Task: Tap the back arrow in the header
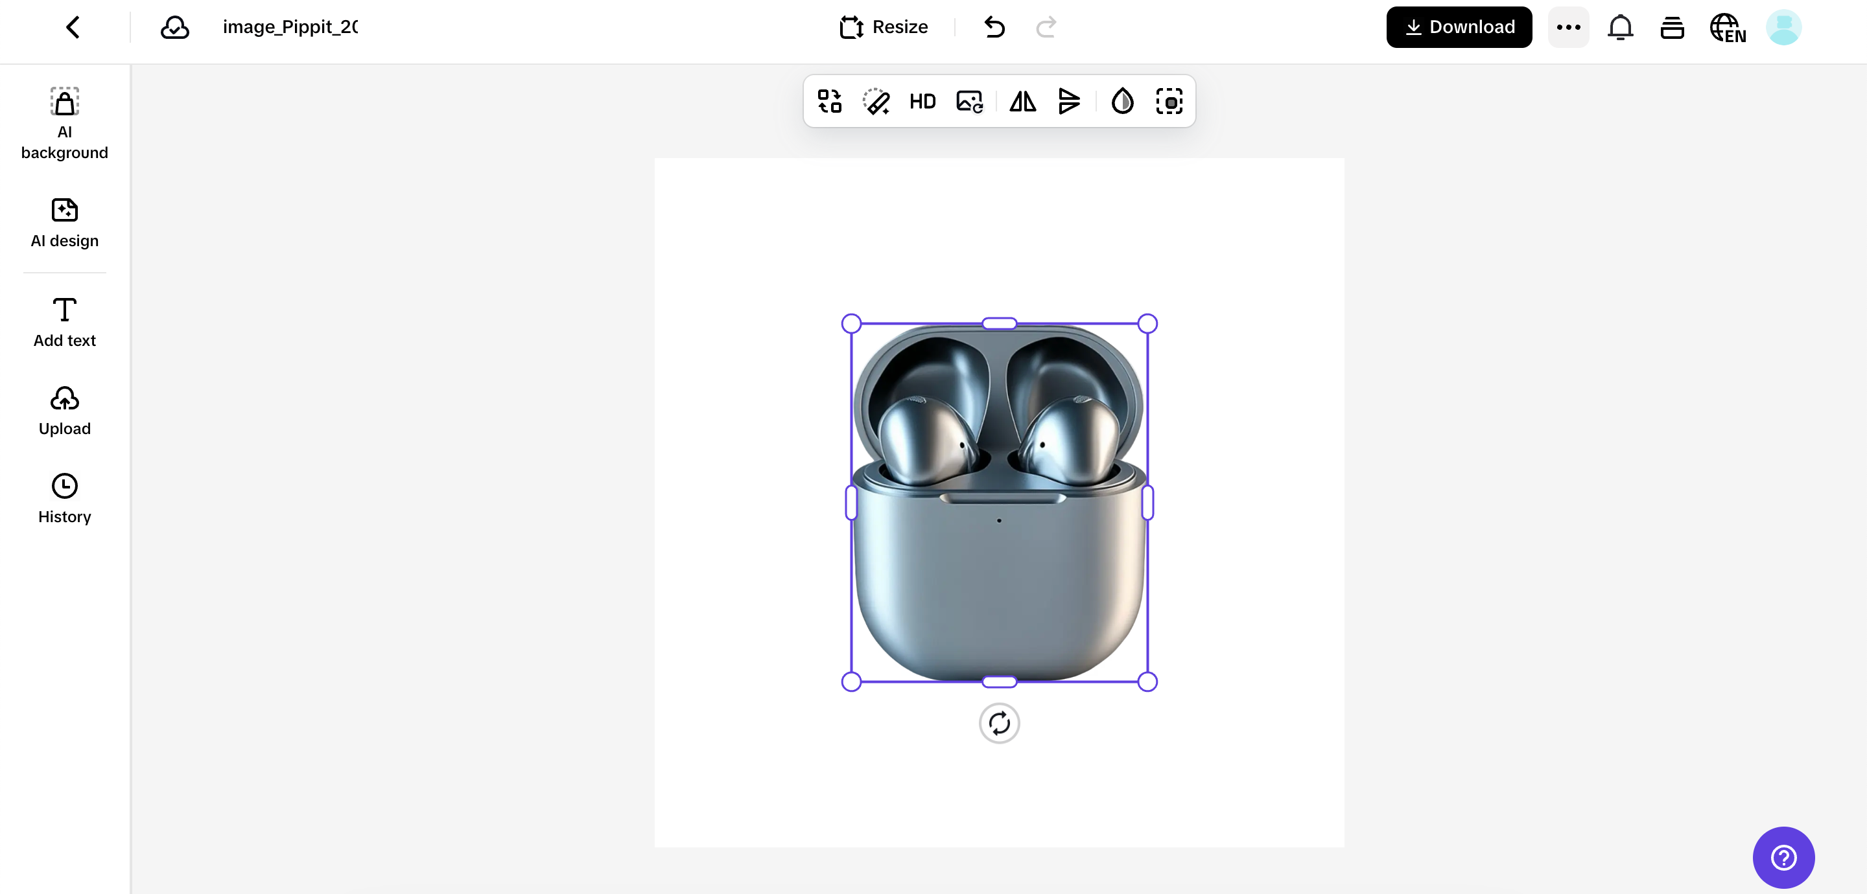click(x=73, y=27)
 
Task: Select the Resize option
click(x=884, y=27)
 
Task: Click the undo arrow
click(x=994, y=27)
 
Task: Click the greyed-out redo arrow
click(x=1046, y=27)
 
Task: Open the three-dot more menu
click(x=1568, y=27)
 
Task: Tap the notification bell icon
click(x=1620, y=27)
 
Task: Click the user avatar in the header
click(x=1783, y=27)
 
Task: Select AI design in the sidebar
click(x=65, y=222)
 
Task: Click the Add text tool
click(x=65, y=323)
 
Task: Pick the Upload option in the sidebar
click(x=65, y=411)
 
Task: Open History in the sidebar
click(x=65, y=498)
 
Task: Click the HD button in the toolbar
click(x=922, y=102)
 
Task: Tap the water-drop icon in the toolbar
click(x=1122, y=102)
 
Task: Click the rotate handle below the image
click(x=999, y=723)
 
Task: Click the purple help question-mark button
click(x=1783, y=857)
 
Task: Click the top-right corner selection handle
click(x=1147, y=323)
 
